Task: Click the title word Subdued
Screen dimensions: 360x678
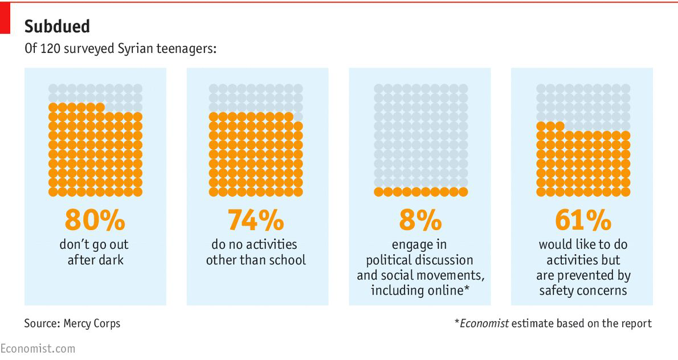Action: [x=57, y=26]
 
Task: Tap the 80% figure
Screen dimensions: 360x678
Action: [x=95, y=220]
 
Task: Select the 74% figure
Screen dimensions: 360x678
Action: [x=255, y=220]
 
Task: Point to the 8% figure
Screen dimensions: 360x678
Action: [x=420, y=220]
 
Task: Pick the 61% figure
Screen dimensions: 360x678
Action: [x=582, y=220]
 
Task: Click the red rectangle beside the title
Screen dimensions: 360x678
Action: [x=5, y=17]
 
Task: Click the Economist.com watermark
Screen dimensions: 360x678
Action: [x=38, y=348]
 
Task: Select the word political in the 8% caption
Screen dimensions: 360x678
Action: [x=387, y=260]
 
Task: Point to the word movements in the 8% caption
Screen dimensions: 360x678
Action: [x=454, y=276]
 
